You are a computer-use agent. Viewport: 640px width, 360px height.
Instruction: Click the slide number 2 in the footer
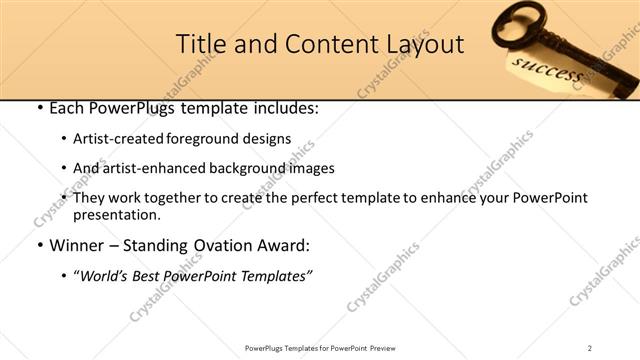[x=590, y=348]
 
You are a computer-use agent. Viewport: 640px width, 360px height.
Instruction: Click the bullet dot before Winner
[x=38, y=245]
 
